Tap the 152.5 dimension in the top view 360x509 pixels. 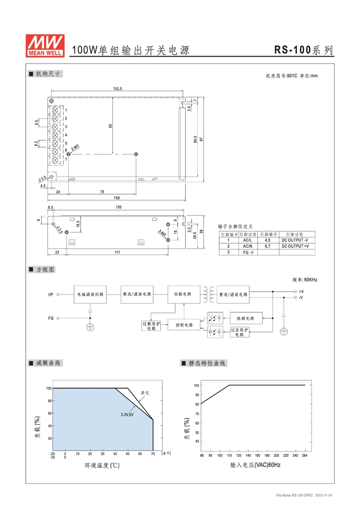tap(118, 89)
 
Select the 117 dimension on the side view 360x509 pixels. tap(117, 252)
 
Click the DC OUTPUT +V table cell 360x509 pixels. tap(295, 246)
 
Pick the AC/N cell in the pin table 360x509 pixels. tap(248, 246)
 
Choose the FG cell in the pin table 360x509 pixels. tap(248, 252)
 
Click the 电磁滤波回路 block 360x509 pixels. tap(90, 294)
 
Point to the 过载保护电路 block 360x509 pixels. tap(152, 326)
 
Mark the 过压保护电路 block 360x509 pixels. tap(240, 332)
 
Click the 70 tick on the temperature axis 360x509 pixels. tap(153, 453)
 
